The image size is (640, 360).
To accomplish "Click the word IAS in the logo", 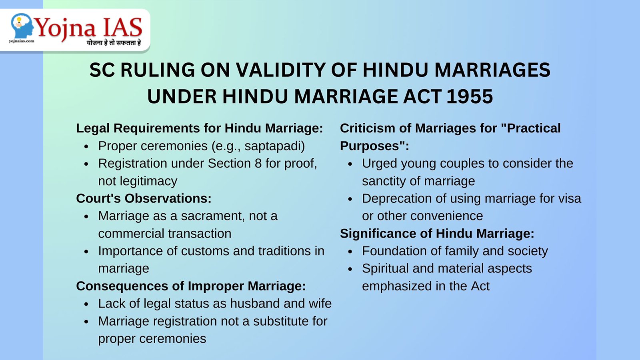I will (122, 28).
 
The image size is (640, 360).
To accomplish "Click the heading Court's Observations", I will (144, 198).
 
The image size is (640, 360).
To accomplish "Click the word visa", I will (568, 198).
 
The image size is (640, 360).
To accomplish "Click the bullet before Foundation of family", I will (350, 252).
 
